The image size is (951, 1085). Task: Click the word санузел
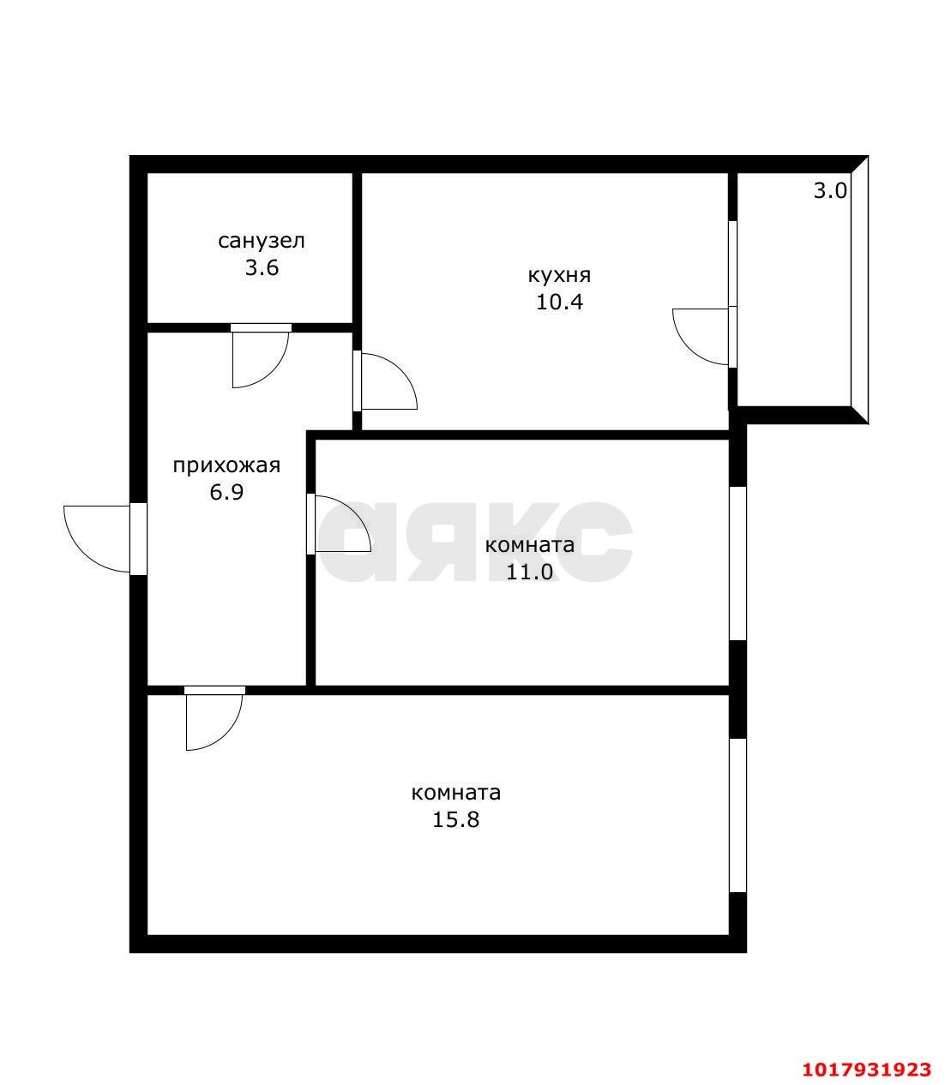(x=261, y=241)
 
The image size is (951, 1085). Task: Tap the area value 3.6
(x=262, y=267)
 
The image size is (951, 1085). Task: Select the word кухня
(x=559, y=275)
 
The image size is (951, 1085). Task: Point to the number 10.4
(x=559, y=302)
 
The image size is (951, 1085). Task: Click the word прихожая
(x=226, y=466)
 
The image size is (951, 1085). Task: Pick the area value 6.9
(x=226, y=492)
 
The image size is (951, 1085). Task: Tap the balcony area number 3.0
(x=830, y=190)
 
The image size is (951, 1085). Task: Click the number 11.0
(x=529, y=572)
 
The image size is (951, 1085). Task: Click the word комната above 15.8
(x=455, y=793)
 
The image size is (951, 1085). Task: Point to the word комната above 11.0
(x=529, y=545)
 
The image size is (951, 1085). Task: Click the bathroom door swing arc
(x=274, y=369)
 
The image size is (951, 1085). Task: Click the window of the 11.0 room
(x=737, y=563)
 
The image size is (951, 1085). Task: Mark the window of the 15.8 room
(x=737, y=816)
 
